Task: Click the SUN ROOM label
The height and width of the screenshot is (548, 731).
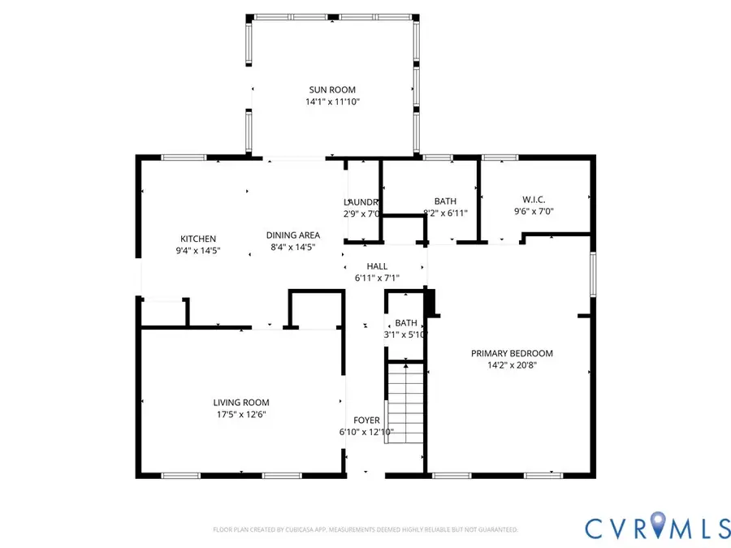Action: (x=331, y=90)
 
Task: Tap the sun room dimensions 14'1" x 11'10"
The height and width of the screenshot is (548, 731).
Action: (x=331, y=102)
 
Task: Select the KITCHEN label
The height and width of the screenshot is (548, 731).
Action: (x=198, y=239)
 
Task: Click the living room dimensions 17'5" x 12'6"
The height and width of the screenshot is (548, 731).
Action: (x=240, y=414)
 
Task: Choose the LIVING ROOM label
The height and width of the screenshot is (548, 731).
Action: (x=240, y=403)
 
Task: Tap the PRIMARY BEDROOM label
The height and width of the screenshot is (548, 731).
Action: (x=512, y=353)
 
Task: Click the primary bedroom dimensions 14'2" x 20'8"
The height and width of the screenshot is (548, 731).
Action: (x=512, y=365)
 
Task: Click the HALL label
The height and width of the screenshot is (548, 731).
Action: (x=377, y=266)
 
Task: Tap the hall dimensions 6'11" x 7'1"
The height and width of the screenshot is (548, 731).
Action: (x=377, y=278)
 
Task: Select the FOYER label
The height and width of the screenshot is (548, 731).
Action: (x=366, y=421)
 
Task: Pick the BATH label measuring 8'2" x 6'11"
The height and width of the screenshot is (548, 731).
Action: (x=445, y=201)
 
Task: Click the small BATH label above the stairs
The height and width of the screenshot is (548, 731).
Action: (x=405, y=322)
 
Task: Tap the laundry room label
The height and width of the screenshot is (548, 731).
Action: (x=361, y=202)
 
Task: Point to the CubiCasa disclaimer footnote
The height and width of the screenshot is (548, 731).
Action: (x=365, y=529)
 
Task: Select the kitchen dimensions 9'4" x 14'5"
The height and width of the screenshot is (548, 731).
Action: (x=198, y=251)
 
